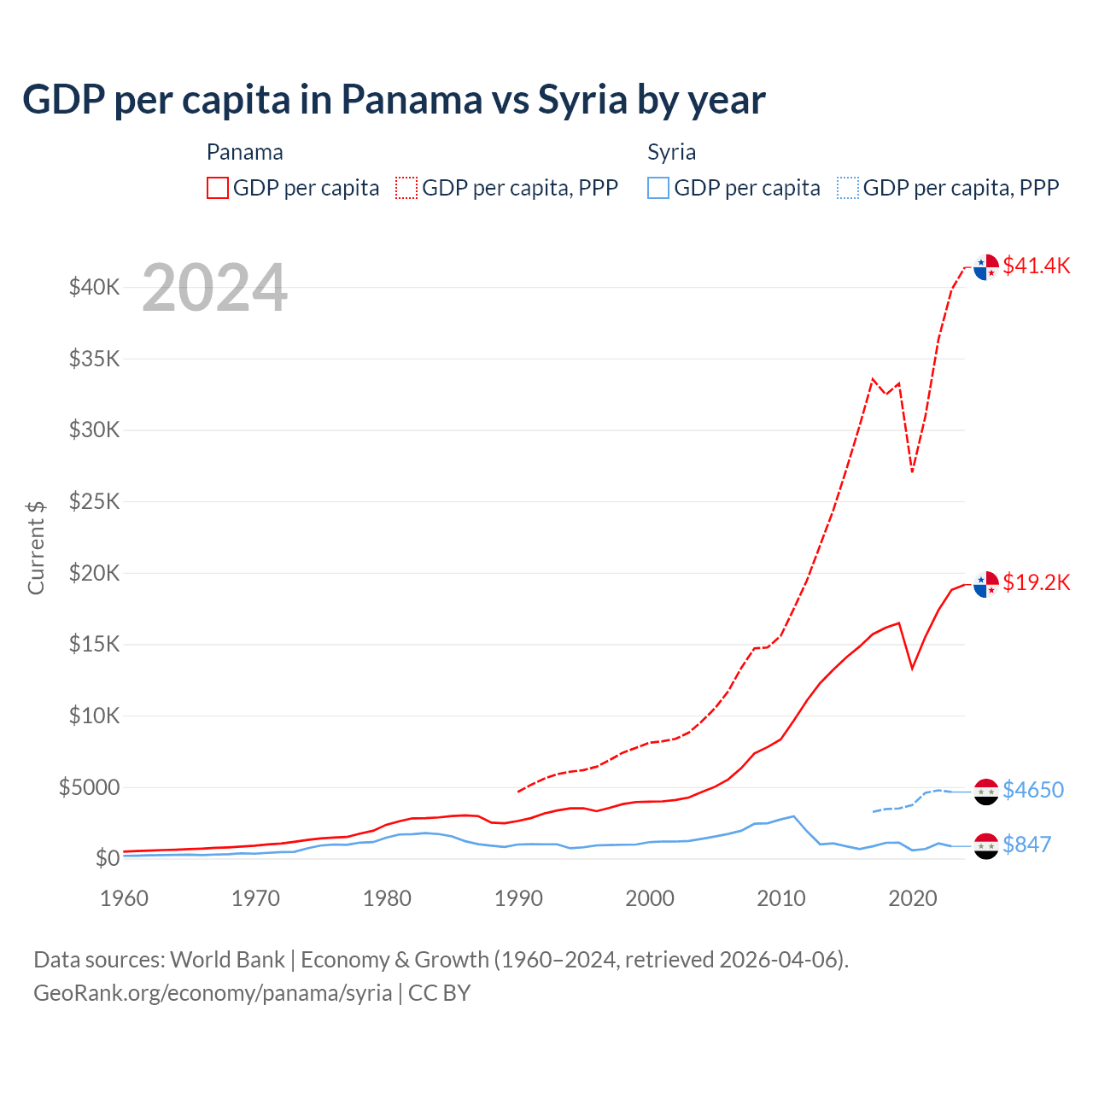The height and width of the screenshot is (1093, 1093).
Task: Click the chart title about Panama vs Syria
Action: [x=394, y=100]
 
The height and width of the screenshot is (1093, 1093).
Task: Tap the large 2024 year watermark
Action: [x=214, y=288]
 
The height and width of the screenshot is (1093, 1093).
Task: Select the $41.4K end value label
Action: [x=1036, y=266]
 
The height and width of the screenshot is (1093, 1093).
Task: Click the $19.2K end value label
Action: [x=1036, y=582]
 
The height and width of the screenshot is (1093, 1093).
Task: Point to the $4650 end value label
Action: [x=1033, y=790]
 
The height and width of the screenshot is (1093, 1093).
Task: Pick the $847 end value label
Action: [x=1026, y=845]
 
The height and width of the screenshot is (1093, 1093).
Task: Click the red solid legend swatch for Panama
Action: [x=218, y=188]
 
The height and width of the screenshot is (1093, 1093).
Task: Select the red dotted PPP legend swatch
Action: [x=406, y=188]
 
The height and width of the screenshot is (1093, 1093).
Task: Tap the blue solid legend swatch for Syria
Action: [x=658, y=188]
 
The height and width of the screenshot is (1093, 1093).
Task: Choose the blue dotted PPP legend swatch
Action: [x=848, y=188]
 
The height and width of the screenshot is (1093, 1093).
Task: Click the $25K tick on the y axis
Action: [x=95, y=501]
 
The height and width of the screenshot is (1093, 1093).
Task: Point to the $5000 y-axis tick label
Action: [x=89, y=787]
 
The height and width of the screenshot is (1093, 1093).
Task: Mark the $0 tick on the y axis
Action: [x=107, y=858]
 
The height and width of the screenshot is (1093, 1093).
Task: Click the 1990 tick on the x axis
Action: [x=518, y=898]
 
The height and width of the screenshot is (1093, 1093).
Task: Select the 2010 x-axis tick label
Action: [x=781, y=898]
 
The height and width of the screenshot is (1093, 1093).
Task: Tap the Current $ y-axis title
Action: [x=36, y=547]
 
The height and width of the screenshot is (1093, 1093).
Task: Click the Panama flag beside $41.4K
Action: [x=986, y=266]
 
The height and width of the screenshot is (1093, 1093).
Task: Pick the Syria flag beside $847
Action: [x=986, y=845]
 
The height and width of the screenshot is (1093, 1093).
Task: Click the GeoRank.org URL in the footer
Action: [x=213, y=993]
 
